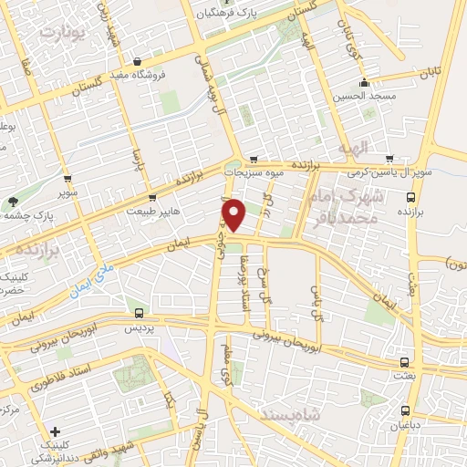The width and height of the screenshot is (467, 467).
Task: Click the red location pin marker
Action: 235,215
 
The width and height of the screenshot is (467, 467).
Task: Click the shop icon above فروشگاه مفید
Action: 136,62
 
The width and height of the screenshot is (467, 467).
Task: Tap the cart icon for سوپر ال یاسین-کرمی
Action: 389,159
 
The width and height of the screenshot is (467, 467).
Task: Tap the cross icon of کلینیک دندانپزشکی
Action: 56,431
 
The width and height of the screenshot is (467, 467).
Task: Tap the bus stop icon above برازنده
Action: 410,196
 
